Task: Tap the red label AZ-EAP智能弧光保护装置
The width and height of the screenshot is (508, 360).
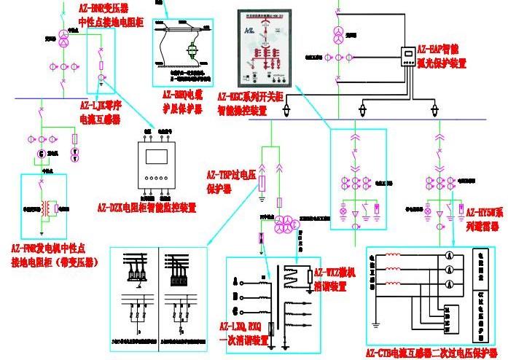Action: point(451,55)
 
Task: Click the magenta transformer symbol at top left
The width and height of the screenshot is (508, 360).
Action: point(63,39)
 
